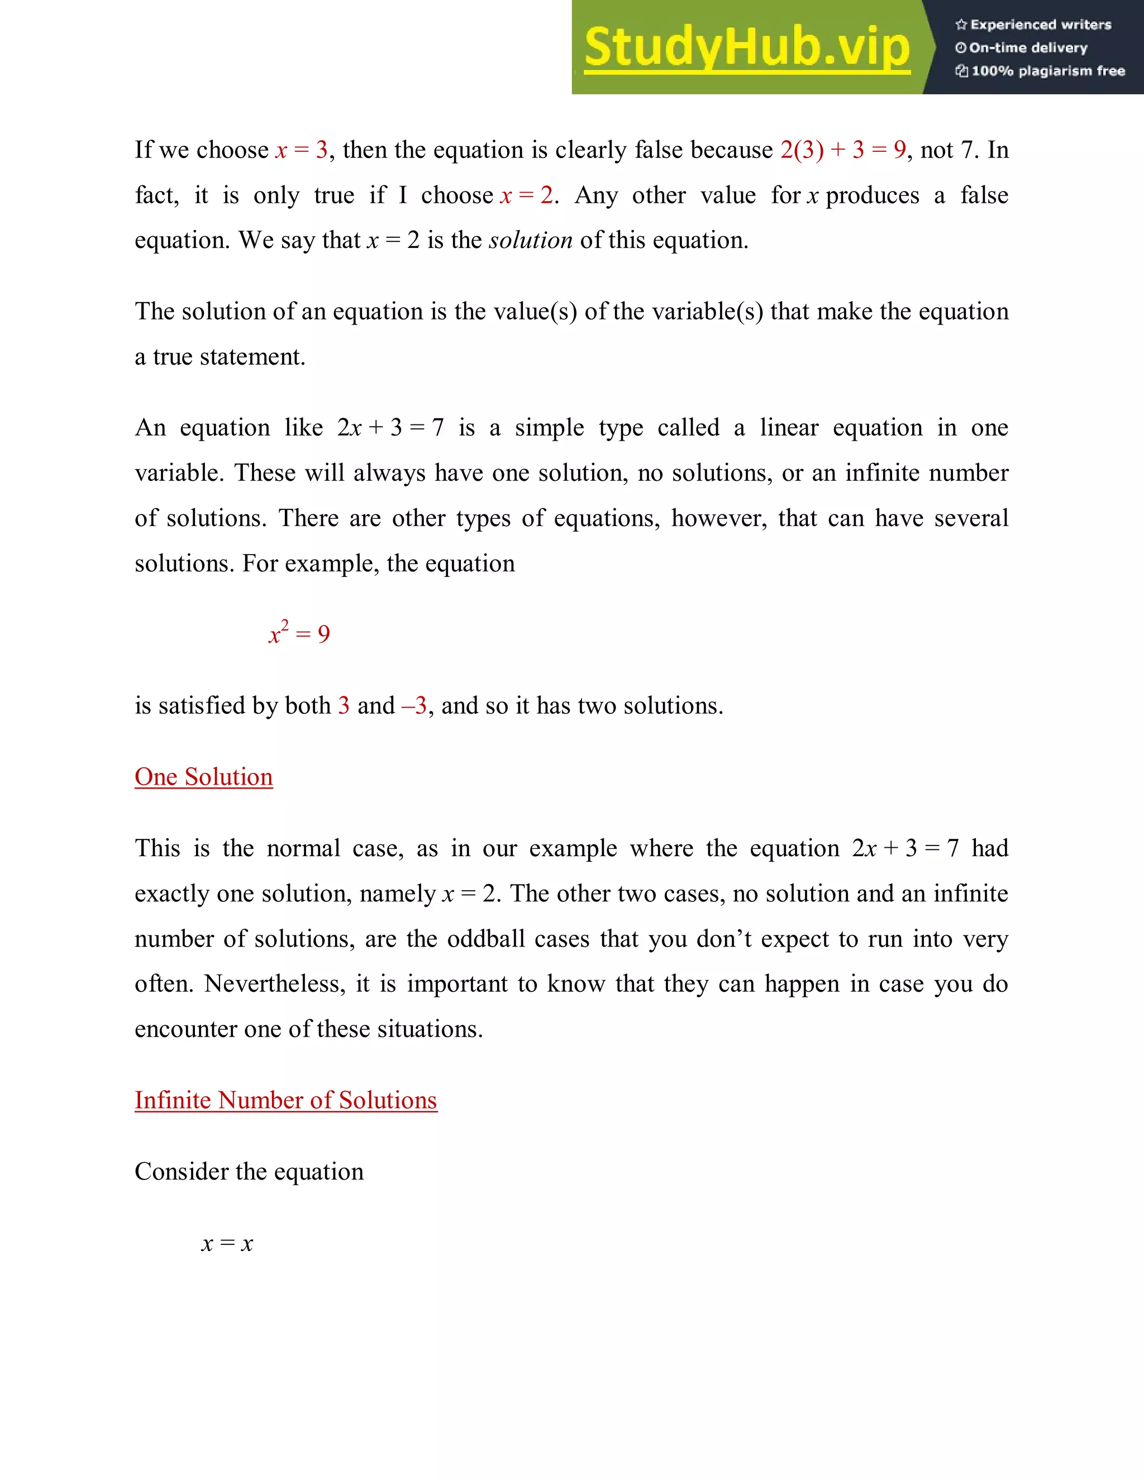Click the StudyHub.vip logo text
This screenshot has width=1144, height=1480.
(746, 47)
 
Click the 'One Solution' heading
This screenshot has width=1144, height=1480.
(203, 777)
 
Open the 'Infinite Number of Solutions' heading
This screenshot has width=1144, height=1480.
(285, 1100)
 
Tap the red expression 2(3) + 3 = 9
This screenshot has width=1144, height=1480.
(842, 150)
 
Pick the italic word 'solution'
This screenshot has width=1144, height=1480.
(531, 241)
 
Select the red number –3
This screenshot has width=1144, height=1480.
(414, 706)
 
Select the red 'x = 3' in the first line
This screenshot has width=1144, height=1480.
(302, 150)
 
